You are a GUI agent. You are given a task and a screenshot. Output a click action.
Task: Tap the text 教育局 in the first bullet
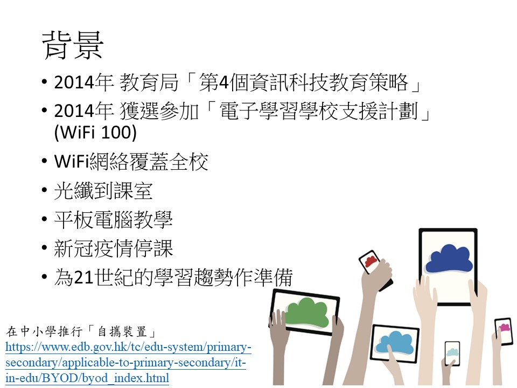point(149,82)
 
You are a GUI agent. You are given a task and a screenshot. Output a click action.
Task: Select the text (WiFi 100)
point(95,133)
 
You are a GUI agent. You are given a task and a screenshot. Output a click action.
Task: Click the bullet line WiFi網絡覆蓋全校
point(131,162)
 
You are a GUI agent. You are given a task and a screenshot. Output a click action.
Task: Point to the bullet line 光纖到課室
point(103,191)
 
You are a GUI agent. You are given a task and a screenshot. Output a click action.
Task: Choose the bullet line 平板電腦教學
point(114,220)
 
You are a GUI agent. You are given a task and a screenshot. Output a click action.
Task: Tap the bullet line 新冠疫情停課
point(114,248)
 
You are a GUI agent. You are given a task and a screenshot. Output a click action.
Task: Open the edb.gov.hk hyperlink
point(128,362)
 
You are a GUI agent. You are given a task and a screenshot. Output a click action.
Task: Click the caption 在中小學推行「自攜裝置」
point(81,331)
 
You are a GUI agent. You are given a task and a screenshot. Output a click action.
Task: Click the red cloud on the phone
point(371,261)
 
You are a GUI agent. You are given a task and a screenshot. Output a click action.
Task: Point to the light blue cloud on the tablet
point(394,343)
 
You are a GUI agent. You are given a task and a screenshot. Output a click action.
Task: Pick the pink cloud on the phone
point(504,328)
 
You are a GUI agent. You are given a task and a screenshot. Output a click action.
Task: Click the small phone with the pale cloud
point(452,354)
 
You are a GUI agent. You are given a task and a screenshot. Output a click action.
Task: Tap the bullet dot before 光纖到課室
point(45,190)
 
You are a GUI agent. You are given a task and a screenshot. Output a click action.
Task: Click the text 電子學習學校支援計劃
point(318,111)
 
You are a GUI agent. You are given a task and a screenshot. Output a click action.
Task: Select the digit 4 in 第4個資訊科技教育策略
point(223,82)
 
